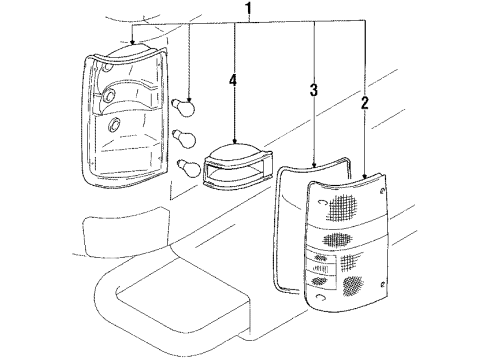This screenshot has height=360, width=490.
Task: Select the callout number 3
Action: (x=313, y=91)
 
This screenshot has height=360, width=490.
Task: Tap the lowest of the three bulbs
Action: (x=185, y=167)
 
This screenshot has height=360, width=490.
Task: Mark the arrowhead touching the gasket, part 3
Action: (x=314, y=162)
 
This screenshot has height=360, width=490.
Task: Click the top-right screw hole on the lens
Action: (x=384, y=190)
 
